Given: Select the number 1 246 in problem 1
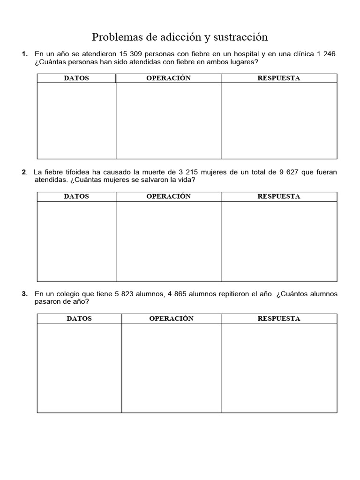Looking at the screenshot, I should click(327, 54).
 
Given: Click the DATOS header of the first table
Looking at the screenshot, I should click(76, 78).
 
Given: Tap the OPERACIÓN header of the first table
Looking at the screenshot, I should click(168, 78).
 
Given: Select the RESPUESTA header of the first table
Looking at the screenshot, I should click(279, 78).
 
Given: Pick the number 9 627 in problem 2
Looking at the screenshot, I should click(289, 172).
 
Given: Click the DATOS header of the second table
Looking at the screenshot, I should click(76, 196).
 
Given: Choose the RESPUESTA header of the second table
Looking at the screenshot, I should click(279, 196).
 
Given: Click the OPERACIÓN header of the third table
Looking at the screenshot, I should click(171, 318).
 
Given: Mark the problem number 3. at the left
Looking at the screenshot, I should click(25, 294).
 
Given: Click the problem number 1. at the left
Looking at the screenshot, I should click(25, 54).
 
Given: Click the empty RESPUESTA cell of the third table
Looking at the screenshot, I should click(279, 368).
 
